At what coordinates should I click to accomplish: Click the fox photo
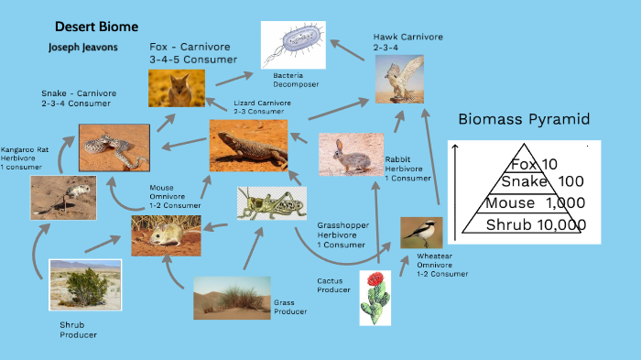pos(177,88)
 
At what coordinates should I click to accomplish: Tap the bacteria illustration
pos(293,44)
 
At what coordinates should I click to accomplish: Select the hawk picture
pos(398,78)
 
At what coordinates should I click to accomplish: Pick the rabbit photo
pos(351,154)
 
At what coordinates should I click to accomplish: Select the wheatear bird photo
pos(420,233)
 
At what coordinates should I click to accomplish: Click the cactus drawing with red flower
pos(375,297)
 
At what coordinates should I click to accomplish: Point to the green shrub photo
pos(84,286)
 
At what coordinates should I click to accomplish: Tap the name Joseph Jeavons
pos(83,47)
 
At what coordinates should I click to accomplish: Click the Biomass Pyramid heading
pos(524,119)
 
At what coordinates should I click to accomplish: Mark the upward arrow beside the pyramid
pos(455,192)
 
